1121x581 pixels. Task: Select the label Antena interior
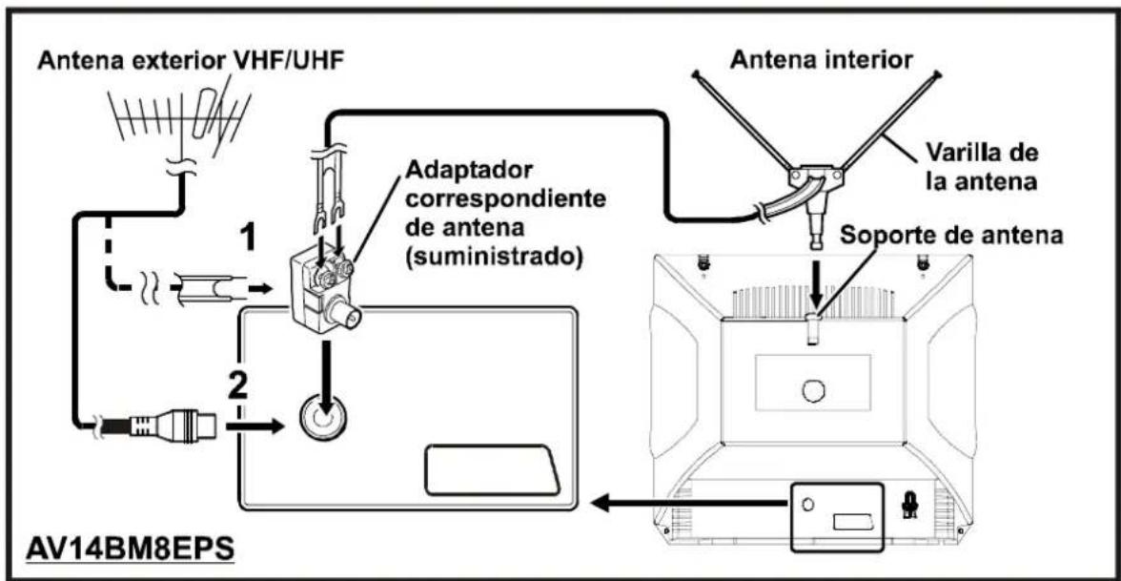[x=821, y=61]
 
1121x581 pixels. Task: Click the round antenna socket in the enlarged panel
[x=322, y=417]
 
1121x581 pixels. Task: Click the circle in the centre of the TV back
[x=812, y=389]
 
